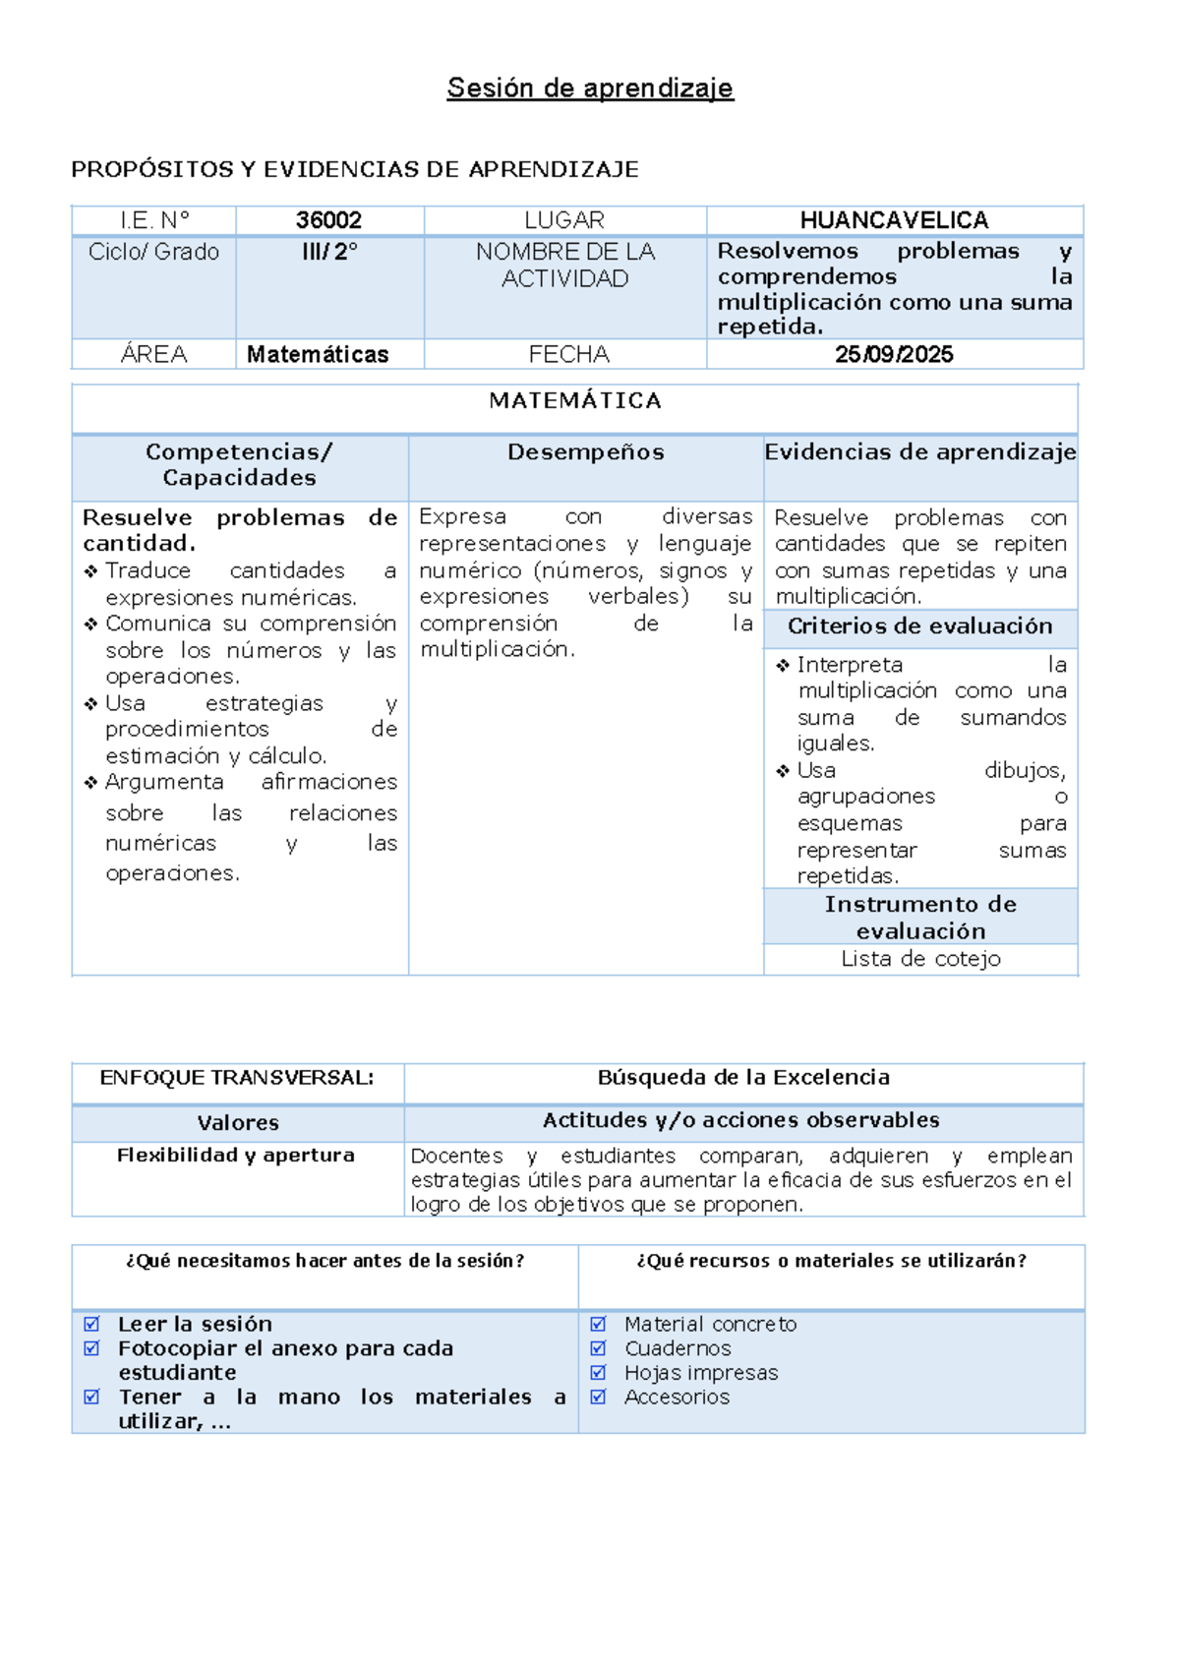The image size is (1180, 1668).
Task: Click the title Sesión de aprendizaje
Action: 590,89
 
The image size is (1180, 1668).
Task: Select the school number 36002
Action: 328,220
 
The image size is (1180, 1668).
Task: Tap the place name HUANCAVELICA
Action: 894,220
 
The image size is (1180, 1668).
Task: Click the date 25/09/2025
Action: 894,355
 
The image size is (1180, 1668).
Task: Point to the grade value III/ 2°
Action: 329,252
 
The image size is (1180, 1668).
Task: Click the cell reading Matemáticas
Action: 318,355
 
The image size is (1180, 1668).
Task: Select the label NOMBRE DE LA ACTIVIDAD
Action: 565,266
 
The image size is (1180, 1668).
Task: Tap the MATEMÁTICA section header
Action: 575,400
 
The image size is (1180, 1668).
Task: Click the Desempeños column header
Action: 586,452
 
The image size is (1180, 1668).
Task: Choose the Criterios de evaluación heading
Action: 920,626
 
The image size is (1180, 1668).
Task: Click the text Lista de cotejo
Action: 920,959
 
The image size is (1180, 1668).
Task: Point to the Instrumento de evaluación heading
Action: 920,918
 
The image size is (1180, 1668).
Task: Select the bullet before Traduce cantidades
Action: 90,571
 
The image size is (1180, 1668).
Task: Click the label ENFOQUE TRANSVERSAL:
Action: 237,1078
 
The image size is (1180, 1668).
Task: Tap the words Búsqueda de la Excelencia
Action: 743,1078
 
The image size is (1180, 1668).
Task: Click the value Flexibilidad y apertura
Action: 236,1156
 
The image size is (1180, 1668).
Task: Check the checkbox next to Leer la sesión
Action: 91,1325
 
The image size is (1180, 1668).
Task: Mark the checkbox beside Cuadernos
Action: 598,1348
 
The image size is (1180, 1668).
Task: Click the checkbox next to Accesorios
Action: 598,1397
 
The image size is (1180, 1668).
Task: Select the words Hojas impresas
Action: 701,1373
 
